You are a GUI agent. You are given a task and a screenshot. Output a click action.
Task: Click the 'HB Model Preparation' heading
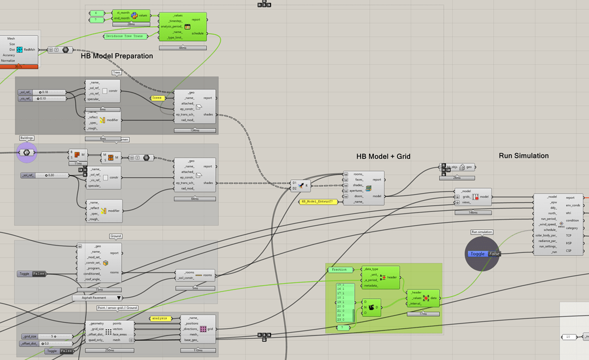point(117,56)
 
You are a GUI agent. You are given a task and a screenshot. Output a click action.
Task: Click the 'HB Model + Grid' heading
point(383,156)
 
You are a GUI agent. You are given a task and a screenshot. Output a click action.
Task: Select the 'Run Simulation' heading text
point(523,156)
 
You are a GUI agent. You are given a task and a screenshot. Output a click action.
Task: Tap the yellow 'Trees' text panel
point(158,98)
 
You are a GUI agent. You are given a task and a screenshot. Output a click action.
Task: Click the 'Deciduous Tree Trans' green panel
point(126,36)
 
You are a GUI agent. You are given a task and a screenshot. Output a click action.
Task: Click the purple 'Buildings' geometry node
point(27,153)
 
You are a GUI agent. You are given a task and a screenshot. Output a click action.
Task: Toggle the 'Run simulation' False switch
point(484,254)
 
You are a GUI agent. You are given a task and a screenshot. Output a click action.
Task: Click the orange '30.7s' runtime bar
point(19,67)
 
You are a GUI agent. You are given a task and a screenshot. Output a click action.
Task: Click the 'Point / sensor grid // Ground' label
point(117,308)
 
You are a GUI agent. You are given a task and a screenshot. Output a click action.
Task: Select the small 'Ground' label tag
point(116,236)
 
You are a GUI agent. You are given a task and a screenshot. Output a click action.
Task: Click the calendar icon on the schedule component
point(187,27)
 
